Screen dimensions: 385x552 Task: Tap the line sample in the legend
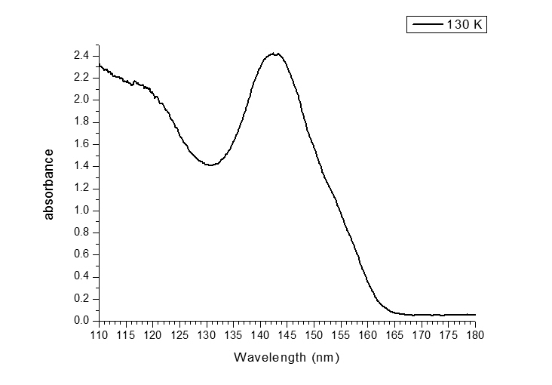tap(427, 25)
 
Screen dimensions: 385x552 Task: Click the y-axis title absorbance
tap(49, 184)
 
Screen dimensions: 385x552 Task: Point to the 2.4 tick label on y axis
tap(82, 56)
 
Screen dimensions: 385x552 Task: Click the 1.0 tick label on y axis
tap(82, 211)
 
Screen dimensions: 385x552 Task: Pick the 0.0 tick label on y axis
tap(82, 321)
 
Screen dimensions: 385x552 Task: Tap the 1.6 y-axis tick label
tap(82, 144)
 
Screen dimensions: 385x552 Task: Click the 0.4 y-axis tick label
tap(82, 277)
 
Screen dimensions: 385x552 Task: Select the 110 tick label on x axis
tap(99, 334)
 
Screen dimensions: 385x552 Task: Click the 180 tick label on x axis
tap(475, 334)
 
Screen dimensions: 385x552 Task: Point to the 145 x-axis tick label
tap(287, 334)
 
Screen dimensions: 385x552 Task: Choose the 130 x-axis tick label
tap(207, 334)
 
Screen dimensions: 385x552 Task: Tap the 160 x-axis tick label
tap(368, 334)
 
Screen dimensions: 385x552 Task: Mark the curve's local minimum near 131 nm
tap(211, 165)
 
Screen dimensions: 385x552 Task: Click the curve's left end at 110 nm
tap(100, 65)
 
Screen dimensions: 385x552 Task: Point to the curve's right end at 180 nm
tap(475, 314)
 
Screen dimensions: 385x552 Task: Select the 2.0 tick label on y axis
tap(82, 100)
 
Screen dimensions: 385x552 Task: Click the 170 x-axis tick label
tap(422, 334)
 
